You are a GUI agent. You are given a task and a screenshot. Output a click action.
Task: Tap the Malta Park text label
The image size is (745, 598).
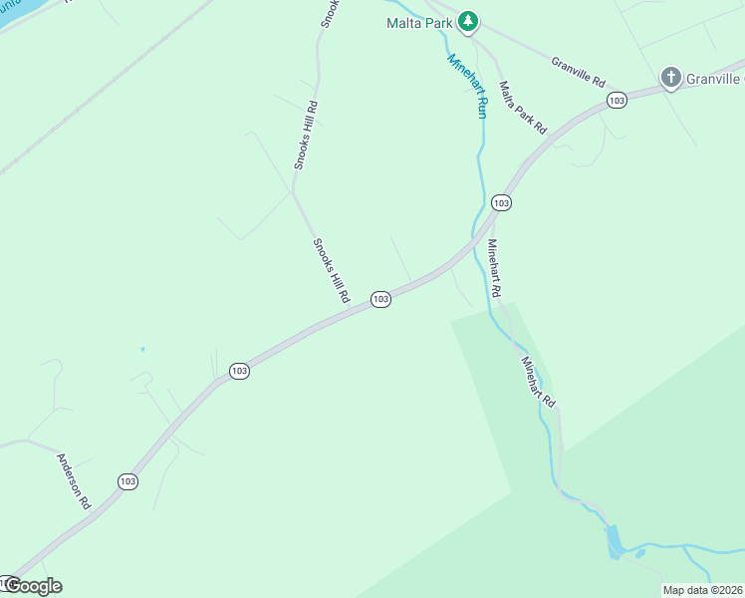point(420,23)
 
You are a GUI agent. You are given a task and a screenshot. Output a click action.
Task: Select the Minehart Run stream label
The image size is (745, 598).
point(467,86)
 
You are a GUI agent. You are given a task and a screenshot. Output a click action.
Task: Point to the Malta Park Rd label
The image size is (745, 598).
point(523,108)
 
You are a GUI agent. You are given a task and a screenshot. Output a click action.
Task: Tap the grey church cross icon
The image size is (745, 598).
point(671,77)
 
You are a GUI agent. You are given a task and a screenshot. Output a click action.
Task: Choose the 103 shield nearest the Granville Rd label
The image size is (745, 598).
point(618,101)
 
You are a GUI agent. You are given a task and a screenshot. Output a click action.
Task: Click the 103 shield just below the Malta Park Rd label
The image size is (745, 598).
point(501,202)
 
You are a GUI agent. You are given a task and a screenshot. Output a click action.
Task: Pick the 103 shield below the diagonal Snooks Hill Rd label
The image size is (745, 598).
point(379,299)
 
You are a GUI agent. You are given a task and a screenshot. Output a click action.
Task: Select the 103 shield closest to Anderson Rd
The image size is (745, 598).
point(127,481)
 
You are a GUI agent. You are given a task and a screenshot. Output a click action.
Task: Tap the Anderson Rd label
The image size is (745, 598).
point(74,481)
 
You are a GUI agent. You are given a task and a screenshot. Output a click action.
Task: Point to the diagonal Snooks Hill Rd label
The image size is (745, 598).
point(332,270)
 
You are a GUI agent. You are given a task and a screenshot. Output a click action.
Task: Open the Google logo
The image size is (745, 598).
point(33,586)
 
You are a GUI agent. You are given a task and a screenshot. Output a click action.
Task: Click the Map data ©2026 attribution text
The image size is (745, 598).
point(702,590)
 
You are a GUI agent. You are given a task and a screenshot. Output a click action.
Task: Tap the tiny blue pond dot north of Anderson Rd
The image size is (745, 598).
point(142,349)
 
